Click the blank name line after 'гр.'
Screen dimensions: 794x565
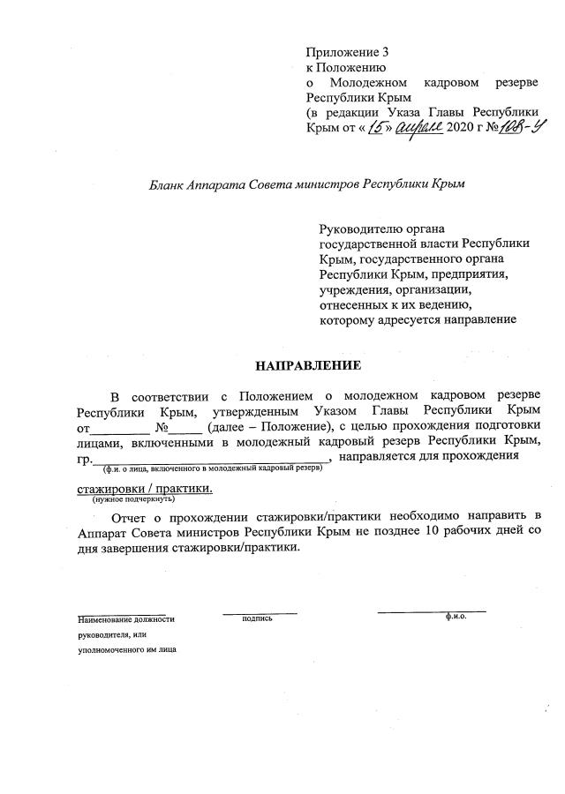212,459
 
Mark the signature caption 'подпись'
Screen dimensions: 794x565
257,618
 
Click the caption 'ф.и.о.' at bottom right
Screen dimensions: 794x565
456,617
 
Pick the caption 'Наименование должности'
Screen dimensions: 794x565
126,619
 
